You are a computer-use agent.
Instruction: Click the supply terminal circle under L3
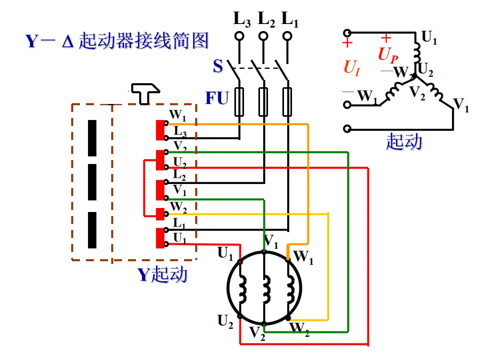tap(239, 36)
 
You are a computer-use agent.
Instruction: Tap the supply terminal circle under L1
tap(287, 36)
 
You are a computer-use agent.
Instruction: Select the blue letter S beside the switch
tap(218, 66)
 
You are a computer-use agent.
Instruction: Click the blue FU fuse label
tap(217, 98)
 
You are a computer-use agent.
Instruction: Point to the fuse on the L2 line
tap(263, 102)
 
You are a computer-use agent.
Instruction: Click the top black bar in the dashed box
tap(92, 138)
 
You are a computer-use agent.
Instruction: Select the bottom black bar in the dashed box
tap(92, 230)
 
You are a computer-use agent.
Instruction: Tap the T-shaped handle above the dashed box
tap(145, 93)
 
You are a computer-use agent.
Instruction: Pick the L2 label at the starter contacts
tap(180, 175)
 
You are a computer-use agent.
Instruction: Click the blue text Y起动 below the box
tap(162, 274)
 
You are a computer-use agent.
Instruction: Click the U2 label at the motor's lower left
tap(225, 322)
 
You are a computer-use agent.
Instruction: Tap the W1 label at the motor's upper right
tap(304, 257)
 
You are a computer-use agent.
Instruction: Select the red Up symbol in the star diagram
tap(388, 55)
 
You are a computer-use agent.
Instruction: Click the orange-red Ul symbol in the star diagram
tap(352, 68)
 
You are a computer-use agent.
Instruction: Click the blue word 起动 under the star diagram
tap(404, 142)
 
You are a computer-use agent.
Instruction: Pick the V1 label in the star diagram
tap(461, 105)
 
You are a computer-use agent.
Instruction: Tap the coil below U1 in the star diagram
tap(416, 53)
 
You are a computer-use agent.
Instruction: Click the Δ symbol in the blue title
tap(68, 41)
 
